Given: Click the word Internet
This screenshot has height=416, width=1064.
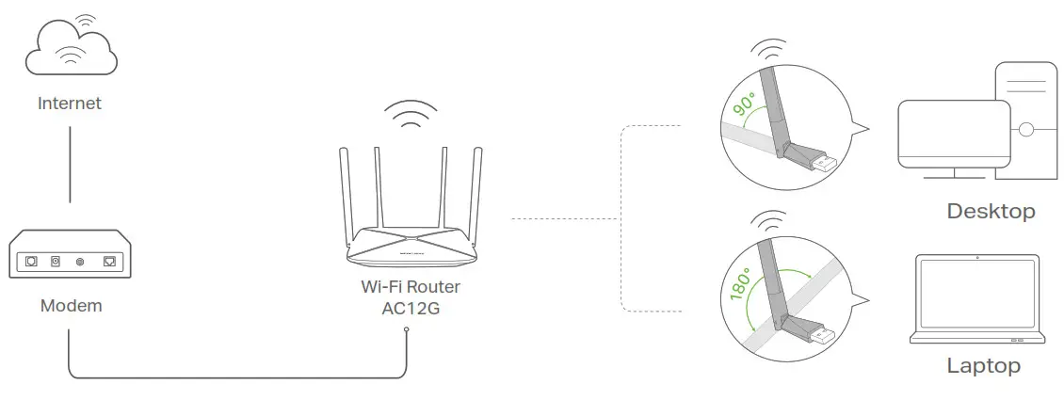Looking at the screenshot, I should click(70, 104).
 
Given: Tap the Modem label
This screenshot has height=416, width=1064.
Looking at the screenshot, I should click(71, 306).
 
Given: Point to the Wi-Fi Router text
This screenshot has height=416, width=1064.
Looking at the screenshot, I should click(411, 287).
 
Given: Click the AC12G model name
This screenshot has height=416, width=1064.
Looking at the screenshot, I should click(411, 309).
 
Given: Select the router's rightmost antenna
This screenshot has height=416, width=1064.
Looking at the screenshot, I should click(479, 193).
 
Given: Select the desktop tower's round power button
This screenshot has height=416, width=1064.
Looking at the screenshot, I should click(1025, 128).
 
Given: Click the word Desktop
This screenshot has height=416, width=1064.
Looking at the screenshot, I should click(991, 211).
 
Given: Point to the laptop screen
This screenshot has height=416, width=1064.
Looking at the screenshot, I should click(978, 296).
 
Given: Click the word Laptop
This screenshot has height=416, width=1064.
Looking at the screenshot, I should click(983, 366).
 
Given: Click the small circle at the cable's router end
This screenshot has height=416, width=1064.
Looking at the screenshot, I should click(406, 329).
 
